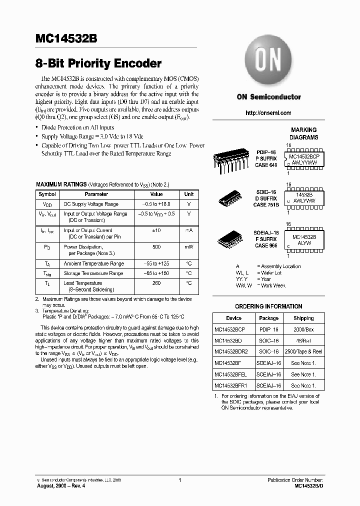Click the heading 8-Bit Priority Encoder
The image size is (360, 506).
[x=98, y=63]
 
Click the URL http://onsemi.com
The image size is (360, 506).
[x=268, y=113]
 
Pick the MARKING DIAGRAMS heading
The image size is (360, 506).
[x=304, y=133]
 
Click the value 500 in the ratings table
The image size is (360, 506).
[x=156, y=247]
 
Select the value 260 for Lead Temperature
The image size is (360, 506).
[x=156, y=283]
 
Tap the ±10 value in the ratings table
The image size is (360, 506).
[x=156, y=230]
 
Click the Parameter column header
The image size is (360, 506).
[x=96, y=194]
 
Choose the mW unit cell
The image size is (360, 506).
[x=189, y=247]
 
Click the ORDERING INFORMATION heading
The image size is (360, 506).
[x=268, y=306]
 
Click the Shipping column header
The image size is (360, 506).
[x=303, y=318]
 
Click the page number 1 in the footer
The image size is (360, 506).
[x=179, y=480]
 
